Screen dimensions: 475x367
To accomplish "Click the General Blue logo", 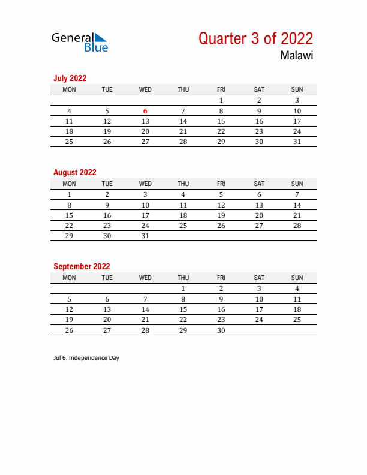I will (80, 41).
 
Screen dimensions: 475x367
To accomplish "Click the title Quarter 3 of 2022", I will (255, 38).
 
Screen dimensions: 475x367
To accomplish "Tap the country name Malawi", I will (296, 56).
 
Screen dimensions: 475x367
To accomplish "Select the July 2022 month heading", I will (70, 78).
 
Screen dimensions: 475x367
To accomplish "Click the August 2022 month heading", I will (75, 172).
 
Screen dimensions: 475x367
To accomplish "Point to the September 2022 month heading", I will (82, 266).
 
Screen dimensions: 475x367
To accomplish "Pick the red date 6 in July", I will (145, 111).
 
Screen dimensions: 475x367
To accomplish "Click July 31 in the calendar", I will (297, 142).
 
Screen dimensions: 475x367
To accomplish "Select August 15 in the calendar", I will (69, 215).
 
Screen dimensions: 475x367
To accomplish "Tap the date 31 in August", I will (145, 236).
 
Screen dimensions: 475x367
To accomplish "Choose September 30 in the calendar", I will (221, 330).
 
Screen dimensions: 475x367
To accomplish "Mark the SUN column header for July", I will (297, 90).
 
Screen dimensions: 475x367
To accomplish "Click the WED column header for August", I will (145, 184).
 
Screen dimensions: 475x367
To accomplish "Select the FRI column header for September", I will (221, 278).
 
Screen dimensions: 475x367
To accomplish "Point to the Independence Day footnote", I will (86, 358).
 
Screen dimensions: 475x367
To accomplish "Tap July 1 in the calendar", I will (221, 101).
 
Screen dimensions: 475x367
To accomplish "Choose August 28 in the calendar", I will (297, 226).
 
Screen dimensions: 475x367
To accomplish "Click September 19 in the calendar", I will (69, 320).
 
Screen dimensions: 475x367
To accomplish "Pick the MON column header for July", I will (69, 90).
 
